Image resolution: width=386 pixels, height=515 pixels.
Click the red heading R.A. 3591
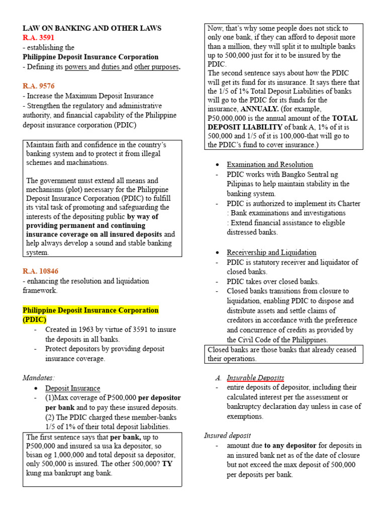pyautogui.click(x=39, y=38)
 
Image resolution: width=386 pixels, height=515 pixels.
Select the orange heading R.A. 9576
pyautogui.click(x=39, y=86)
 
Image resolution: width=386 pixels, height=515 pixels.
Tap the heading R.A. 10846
pyautogui.click(x=41, y=271)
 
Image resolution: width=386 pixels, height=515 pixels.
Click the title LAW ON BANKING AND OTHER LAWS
pyautogui.click(x=92, y=28)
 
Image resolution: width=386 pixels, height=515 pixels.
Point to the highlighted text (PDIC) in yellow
pyautogui.click(x=35, y=319)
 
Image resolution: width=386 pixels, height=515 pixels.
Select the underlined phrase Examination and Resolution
pyautogui.click(x=270, y=165)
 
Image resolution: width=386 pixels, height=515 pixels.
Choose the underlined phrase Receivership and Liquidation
pyautogui.click(x=271, y=252)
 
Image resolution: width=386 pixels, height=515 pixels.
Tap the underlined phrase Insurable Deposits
pyautogui.click(x=255, y=378)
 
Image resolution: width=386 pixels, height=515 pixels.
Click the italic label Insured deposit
pyautogui.click(x=228, y=436)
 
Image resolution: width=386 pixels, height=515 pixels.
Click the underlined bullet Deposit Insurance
pyautogui.click(x=73, y=388)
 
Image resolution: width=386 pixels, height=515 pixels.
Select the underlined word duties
pyautogui.click(x=111, y=67)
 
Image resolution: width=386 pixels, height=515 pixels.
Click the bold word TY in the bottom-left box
pyautogui.click(x=167, y=464)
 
